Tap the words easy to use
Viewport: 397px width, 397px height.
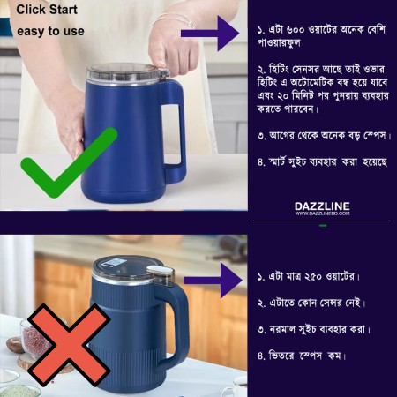click(50, 32)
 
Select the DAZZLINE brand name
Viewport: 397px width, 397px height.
click(322, 206)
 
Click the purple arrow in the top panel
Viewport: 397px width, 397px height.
click(211, 34)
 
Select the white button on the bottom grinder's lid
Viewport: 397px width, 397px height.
click(159, 271)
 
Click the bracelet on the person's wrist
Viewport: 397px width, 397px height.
click(174, 17)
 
